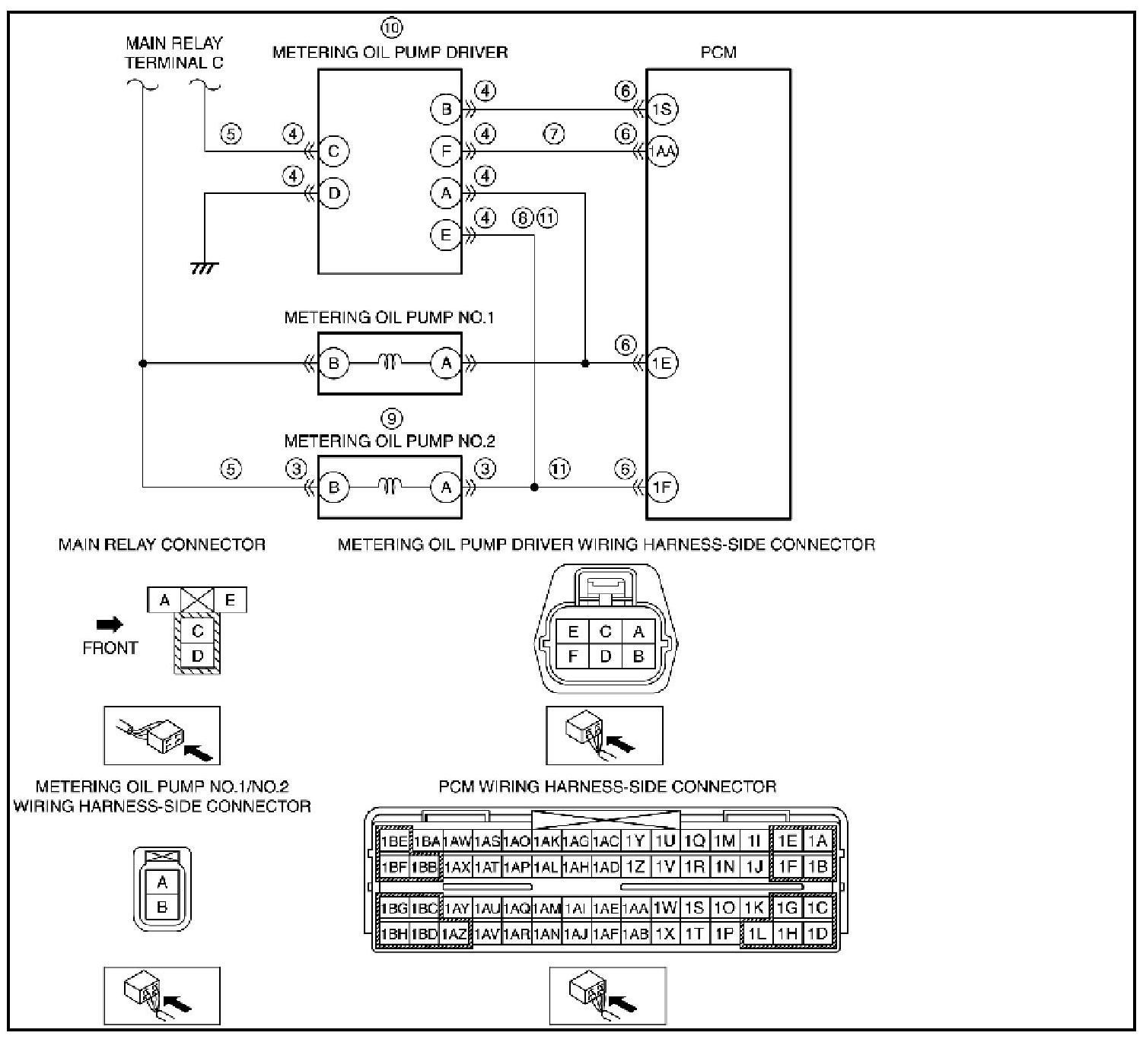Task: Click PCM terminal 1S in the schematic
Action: click(x=662, y=109)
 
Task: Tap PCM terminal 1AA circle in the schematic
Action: click(x=662, y=151)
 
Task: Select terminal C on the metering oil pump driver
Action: click(x=334, y=151)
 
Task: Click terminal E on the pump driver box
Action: click(x=446, y=235)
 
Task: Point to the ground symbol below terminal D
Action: click(x=205, y=268)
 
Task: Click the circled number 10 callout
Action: click(x=391, y=27)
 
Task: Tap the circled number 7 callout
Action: click(x=554, y=134)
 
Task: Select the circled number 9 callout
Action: click(x=391, y=419)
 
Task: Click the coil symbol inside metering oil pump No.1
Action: click(x=390, y=362)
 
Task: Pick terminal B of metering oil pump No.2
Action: click(x=334, y=487)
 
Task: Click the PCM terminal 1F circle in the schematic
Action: click(x=662, y=487)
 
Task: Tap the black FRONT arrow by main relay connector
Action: click(x=110, y=624)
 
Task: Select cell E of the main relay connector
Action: click(x=230, y=600)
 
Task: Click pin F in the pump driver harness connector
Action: click(x=572, y=656)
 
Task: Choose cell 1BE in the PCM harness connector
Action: click(x=393, y=840)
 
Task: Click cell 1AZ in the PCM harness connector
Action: click(x=455, y=934)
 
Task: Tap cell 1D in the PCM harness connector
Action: click(x=817, y=934)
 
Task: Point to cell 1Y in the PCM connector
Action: click(x=635, y=840)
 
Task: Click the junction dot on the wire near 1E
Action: click(x=584, y=363)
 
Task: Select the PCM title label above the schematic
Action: click(x=718, y=52)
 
